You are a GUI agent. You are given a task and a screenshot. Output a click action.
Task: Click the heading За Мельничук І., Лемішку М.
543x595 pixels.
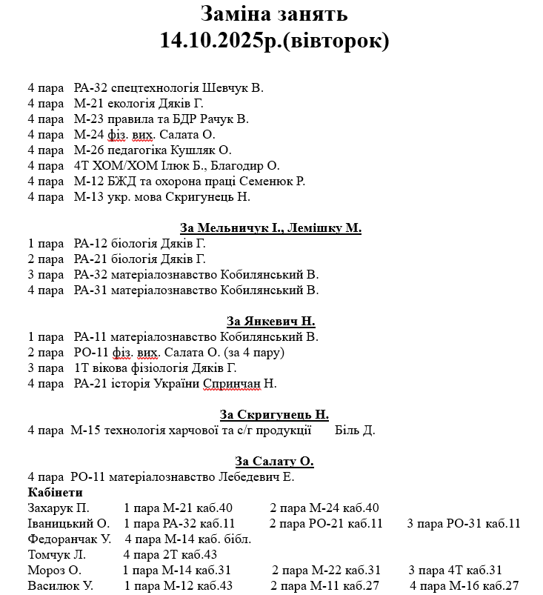270,228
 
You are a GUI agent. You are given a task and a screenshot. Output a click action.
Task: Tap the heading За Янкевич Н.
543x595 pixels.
270,322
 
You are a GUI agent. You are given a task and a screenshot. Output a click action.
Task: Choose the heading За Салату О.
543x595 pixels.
274,462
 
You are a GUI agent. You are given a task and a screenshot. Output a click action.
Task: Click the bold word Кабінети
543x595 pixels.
55,493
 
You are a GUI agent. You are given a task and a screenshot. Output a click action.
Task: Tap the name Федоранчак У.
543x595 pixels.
69,539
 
